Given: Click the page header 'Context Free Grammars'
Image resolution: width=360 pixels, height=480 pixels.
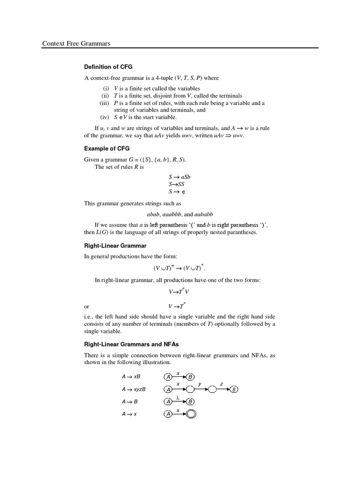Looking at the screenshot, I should coord(76,44).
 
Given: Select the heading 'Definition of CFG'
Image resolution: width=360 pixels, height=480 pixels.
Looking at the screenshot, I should coord(108,67).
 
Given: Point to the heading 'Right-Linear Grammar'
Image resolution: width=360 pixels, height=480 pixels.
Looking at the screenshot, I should coord(115,245).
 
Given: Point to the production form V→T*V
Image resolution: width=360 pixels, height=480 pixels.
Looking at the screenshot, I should coord(179,291).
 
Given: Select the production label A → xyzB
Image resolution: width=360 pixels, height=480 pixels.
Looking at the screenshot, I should coord(134,389).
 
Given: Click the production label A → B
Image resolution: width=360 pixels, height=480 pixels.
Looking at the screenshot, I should coord(129,402).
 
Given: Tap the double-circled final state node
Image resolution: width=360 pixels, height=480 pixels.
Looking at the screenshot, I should coord(191,414).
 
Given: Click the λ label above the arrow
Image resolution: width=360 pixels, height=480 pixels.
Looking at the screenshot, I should coord(178,397).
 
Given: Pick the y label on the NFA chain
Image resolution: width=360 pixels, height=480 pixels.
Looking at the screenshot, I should coord(200,384).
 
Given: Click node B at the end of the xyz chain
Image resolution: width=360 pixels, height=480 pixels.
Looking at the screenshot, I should coord(234,390).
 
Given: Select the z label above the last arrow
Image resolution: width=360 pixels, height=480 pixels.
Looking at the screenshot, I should coord(221,384).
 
